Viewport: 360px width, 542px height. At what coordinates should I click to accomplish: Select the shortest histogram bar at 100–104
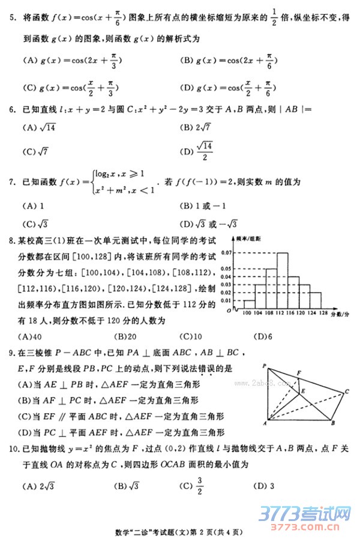(x=248, y=304)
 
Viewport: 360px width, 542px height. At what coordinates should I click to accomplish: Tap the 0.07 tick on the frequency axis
(x=227, y=253)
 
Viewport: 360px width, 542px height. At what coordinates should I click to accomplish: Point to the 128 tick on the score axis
(x=323, y=313)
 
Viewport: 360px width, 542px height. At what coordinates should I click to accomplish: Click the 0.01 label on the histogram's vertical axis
(x=227, y=300)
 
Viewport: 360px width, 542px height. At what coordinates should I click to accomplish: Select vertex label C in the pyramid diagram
(x=347, y=392)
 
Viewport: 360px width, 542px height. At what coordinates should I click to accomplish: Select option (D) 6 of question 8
(x=263, y=336)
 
